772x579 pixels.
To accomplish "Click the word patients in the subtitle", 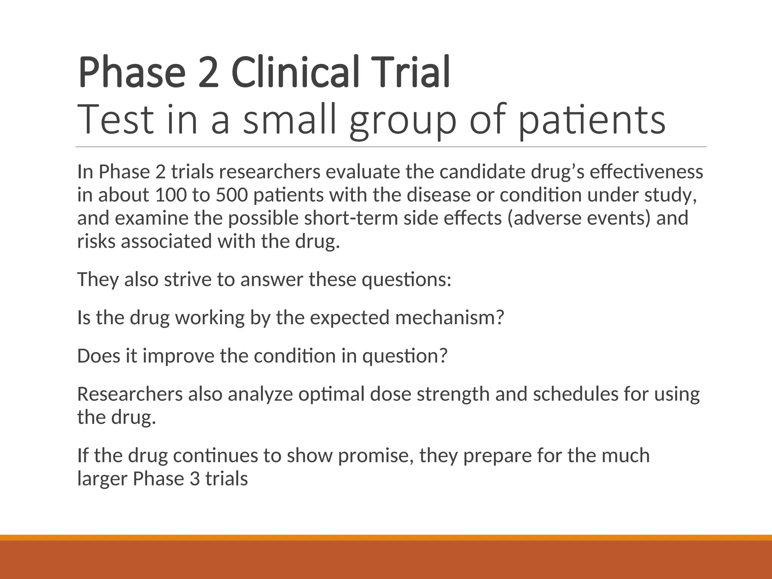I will tap(592, 120).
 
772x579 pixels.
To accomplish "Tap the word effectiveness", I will tap(646, 172).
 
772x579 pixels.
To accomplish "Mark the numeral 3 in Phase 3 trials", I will tap(195, 479).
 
